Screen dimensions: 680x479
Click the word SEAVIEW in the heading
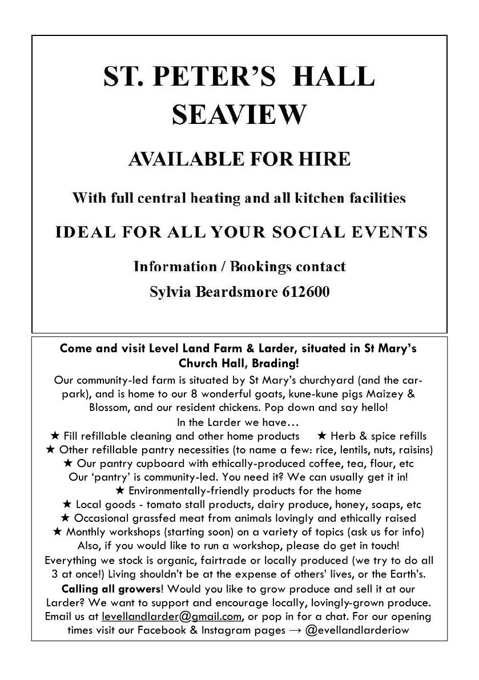coord(239,114)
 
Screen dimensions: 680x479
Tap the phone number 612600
coord(305,292)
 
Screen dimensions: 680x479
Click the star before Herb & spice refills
coord(321,436)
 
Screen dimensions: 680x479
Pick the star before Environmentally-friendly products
coord(120,490)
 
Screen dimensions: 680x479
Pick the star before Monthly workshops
coord(57,532)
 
